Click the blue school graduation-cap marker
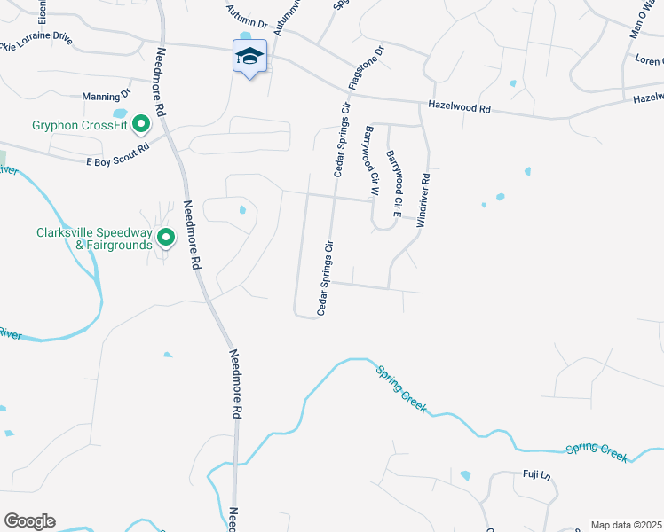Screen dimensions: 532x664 [x=249, y=57]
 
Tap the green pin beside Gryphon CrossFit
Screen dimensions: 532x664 [x=139, y=125]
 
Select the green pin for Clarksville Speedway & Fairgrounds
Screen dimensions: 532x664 [x=165, y=237]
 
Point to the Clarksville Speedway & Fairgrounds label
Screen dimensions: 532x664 [x=94, y=239]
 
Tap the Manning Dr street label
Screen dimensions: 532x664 [x=106, y=95]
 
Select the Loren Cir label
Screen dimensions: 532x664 [x=648, y=60]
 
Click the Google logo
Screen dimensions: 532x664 [x=29, y=521]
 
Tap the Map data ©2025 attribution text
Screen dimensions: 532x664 [x=626, y=525]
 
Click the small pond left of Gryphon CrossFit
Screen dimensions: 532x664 [x=120, y=113]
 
